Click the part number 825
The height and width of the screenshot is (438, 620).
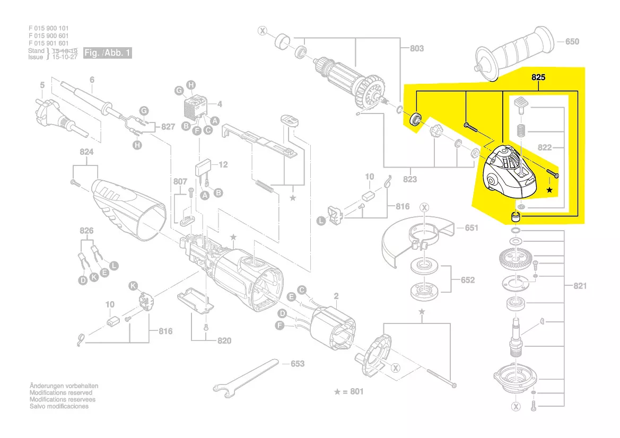(538, 77)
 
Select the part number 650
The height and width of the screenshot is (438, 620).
(572, 41)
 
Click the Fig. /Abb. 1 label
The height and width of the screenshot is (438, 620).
(107, 53)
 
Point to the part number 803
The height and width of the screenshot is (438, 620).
(417, 48)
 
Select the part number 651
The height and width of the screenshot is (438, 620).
(471, 228)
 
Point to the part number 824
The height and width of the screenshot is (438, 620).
(86, 152)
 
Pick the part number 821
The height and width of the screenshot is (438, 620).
(580, 286)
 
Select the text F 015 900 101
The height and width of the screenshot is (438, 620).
(48, 28)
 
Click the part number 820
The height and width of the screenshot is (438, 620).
(224, 340)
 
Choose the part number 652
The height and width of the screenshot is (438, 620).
(468, 280)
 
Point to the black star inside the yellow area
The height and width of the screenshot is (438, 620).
(549, 189)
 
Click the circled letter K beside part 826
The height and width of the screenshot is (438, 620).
(93, 277)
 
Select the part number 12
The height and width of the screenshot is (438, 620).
(223, 165)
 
